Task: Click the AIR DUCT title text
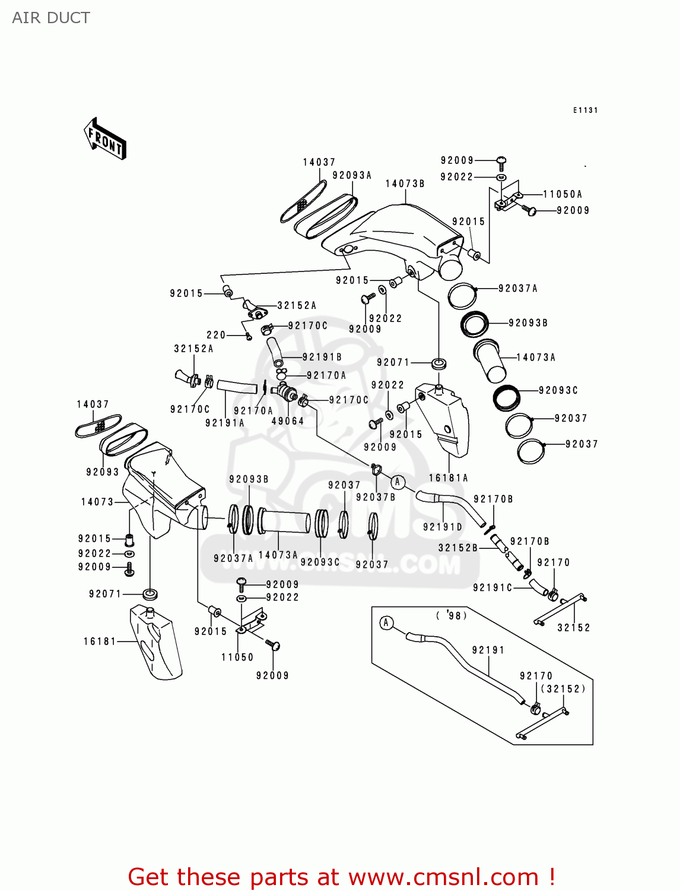click(51, 18)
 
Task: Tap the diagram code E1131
click(585, 110)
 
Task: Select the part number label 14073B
click(405, 184)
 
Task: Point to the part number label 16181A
click(449, 478)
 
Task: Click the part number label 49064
click(288, 421)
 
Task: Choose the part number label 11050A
click(563, 194)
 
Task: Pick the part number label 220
click(216, 335)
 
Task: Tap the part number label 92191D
click(443, 527)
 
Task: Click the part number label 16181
click(100, 641)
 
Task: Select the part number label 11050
click(237, 657)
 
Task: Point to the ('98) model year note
click(452, 616)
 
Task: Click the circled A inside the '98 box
click(386, 623)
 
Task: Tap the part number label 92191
click(488, 650)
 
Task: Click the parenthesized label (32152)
click(563, 688)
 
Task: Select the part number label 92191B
click(322, 357)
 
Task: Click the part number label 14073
click(97, 502)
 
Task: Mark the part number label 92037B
click(376, 497)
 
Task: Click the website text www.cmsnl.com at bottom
click(443, 877)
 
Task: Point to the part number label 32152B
click(458, 548)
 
